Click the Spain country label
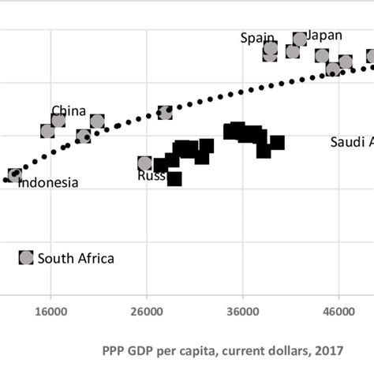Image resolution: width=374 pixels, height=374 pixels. pos(258,38)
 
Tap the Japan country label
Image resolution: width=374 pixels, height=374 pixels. pos(324,35)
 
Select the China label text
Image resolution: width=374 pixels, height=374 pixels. pos(69,110)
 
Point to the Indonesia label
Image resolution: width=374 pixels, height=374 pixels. pos(48,183)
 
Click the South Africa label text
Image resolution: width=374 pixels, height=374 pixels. pos(76,258)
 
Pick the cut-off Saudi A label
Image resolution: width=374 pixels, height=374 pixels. pos(351,142)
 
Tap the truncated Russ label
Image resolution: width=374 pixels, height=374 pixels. pos(151,176)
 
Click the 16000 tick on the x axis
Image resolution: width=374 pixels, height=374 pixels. pos(50,311)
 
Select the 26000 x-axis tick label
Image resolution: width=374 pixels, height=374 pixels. pos(146,311)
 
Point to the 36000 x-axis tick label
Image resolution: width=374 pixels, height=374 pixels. pos(242,311)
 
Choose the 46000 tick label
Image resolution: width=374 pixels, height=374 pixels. pos(338,311)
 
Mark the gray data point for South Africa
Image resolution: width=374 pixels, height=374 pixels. pos(26,257)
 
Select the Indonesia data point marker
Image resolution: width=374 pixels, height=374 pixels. pos(15,175)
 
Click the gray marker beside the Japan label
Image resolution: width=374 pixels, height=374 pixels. pos(300,39)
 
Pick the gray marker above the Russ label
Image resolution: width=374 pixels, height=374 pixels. pos(144,163)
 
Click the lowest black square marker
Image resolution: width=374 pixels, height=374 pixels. pos(174,179)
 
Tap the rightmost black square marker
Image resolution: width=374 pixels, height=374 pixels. pos(277,143)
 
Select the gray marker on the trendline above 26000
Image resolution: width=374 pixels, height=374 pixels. pos(165,113)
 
